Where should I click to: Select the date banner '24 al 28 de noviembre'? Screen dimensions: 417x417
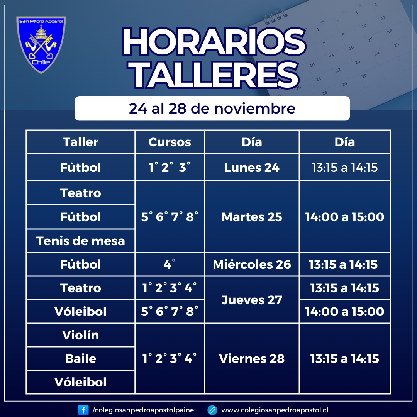pos(212,108)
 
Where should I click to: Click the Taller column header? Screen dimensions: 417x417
pos(81,142)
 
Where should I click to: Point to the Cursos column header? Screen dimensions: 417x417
pos(170,142)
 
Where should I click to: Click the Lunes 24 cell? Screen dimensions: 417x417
pos(252,168)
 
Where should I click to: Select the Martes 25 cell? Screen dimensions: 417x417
pos(252,217)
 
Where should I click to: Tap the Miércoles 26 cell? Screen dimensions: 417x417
pos(252,264)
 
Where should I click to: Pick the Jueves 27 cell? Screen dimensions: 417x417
pos(252,300)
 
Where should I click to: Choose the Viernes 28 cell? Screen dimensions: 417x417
pos(252,359)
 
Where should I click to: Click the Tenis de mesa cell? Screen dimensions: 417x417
pos(81,241)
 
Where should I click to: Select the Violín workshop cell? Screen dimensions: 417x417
pos(81,335)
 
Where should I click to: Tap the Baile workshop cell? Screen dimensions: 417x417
pos(81,359)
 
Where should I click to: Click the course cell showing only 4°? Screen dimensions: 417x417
pos(170,264)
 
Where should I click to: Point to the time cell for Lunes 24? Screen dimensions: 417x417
pos(345,168)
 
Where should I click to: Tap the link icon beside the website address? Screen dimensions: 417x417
pos(212,410)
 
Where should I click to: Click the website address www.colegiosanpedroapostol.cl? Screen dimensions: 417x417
pos(275,410)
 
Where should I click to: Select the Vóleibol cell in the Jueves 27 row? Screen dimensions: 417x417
pos(81,312)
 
